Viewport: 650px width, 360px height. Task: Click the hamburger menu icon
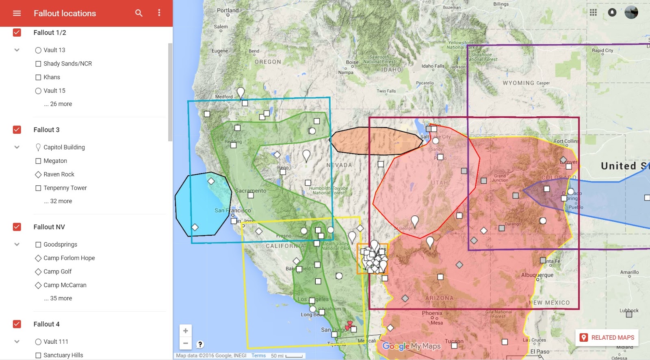17,13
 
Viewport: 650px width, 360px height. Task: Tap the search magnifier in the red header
139,13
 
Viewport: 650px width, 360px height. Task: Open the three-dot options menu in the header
159,13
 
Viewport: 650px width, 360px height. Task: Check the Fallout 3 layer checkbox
17,130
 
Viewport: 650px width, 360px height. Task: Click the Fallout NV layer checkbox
17,227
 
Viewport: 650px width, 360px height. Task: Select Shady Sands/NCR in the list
67,63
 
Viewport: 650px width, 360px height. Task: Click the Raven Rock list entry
59,174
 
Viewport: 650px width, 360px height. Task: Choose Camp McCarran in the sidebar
65,285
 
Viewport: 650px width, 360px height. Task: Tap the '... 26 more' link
58,104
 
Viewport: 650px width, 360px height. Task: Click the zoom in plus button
185,331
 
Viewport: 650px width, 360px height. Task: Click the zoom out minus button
185,343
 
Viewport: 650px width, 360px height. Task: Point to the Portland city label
227,10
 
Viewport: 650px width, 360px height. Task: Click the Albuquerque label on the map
537,275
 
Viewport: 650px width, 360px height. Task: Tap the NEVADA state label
339,165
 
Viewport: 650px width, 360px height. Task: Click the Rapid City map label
602,50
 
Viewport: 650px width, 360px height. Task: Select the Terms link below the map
258,356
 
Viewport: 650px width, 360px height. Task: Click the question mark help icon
200,345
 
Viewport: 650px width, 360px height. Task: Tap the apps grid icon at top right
593,13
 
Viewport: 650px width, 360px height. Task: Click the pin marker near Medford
240,93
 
